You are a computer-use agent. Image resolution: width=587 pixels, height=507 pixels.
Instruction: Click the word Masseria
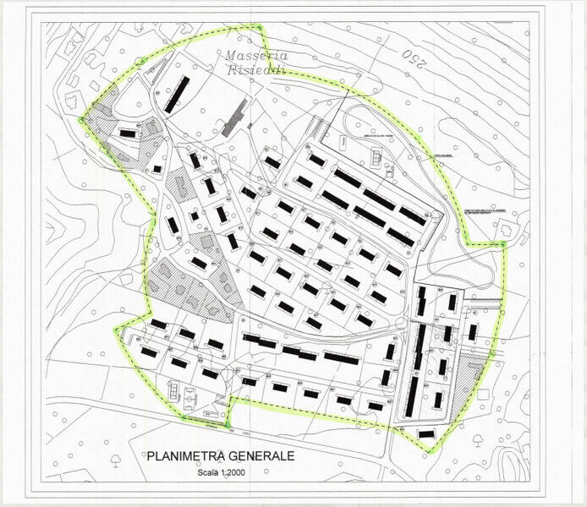click(256, 56)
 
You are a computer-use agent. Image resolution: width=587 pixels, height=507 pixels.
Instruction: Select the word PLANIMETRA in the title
click(185, 455)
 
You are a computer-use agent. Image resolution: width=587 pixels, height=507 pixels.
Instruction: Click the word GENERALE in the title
click(259, 455)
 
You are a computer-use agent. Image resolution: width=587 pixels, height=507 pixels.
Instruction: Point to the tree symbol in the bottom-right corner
click(480, 439)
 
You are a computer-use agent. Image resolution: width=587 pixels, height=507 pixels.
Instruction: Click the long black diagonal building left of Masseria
click(177, 94)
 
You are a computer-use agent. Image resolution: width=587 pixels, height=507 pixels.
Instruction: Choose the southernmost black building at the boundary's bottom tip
click(426, 433)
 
